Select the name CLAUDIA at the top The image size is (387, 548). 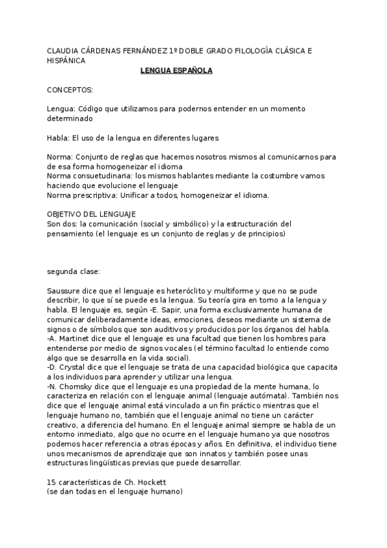pyautogui.click(x=64, y=51)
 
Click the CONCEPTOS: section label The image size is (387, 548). pyautogui.click(x=70, y=90)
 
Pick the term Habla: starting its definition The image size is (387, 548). pyautogui.click(x=58, y=138)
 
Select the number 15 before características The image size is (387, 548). pyautogui.click(x=52, y=481)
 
